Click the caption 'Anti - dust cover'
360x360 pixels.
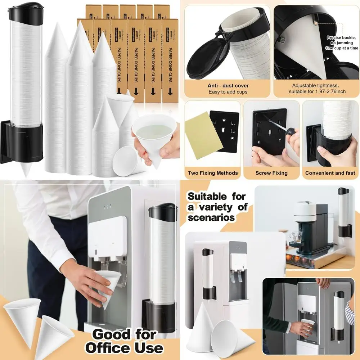(x=228, y=86)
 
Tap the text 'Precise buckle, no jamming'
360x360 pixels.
(x=342, y=40)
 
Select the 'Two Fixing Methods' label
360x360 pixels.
(x=213, y=173)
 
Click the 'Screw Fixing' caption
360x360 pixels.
(x=271, y=173)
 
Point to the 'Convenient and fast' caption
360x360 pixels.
(x=330, y=173)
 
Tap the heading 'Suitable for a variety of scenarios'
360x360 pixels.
(x=217, y=207)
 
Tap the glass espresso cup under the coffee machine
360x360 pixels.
(x=296, y=237)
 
